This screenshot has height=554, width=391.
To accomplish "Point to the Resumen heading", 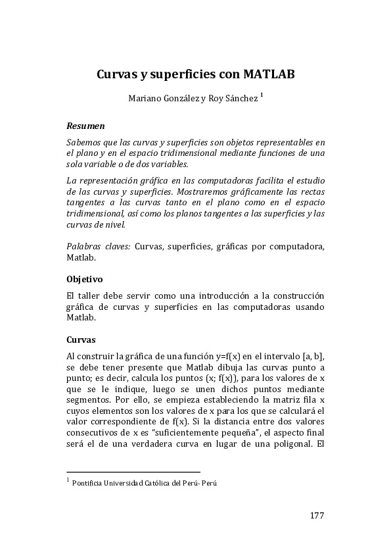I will [85, 125].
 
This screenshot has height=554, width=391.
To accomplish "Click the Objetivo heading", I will [85, 279].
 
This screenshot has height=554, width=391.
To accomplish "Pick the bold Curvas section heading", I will [81, 340].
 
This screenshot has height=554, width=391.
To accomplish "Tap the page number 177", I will [316, 515].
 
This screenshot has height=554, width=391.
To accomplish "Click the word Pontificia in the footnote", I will [90, 483].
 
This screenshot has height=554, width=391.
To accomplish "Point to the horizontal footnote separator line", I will [133, 471].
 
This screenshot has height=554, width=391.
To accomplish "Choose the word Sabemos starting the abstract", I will [85, 142].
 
